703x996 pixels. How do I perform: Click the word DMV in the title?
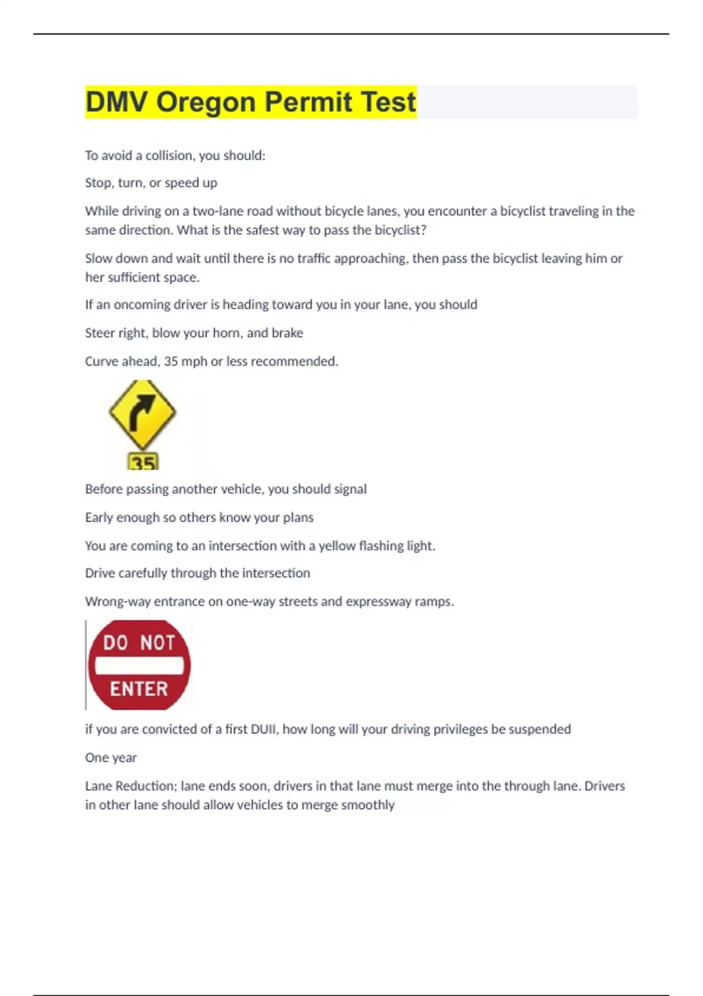(117, 102)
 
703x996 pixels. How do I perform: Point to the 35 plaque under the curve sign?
(143, 463)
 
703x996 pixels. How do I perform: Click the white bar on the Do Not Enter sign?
(139, 666)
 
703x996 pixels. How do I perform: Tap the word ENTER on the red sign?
(139, 689)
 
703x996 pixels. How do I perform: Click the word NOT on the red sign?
(157, 643)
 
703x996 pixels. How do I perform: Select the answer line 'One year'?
(111, 758)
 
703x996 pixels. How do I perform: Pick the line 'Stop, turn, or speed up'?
(151, 183)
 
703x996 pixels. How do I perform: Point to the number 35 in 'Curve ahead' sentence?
(171, 361)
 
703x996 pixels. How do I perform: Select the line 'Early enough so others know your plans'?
(199, 517)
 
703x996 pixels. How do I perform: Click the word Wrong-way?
(117, 602)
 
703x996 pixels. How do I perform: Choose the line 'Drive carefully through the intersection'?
(197, 573)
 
